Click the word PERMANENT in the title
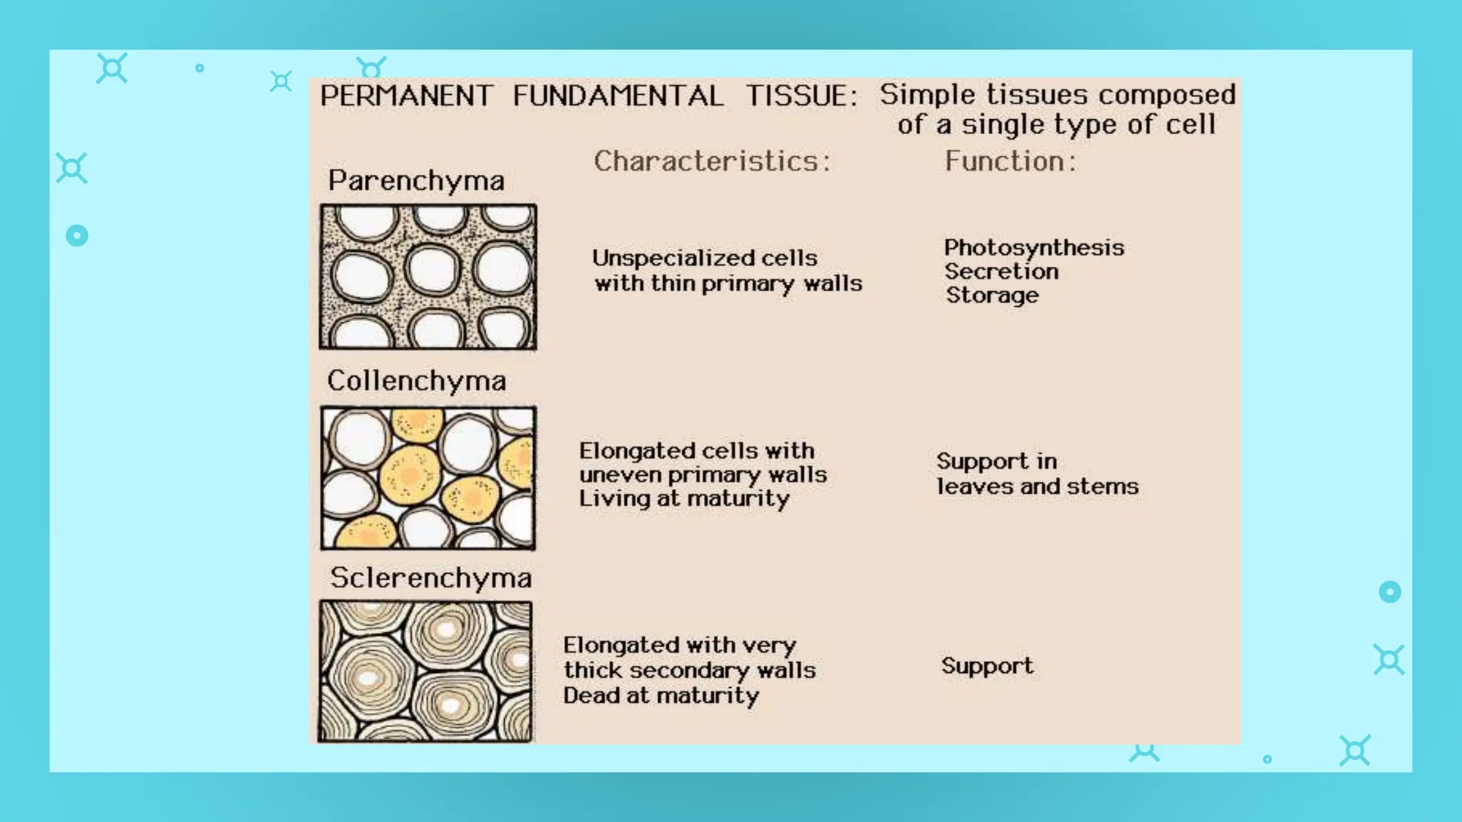coord(405,96)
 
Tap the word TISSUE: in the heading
coord(801,96)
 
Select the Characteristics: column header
coord(712,161)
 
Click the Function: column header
coord(1010,161)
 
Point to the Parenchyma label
coord(416,181)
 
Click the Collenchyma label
coord(417,381)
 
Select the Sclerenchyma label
coord(430,578)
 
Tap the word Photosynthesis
coord(1034,248)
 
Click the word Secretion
coord(1002,272)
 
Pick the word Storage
coord(992,295)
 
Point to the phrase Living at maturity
coord(684,499)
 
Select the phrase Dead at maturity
coord(661,696)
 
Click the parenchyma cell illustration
coord(428,277)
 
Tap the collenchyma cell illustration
coord(428,477)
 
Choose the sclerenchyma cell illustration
coord(425,671)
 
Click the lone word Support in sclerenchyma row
coord(987,666)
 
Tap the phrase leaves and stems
coord(1037,487)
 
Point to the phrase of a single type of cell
coord(1057,125)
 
